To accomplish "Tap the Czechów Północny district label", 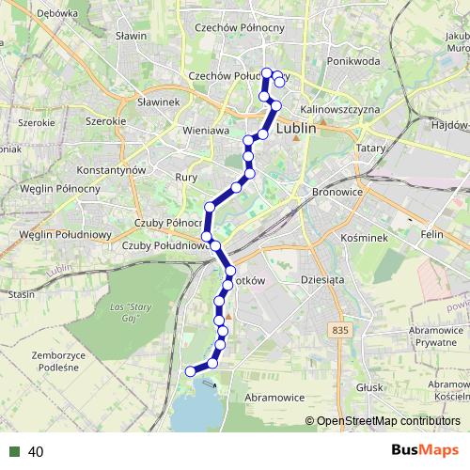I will coord(238,28).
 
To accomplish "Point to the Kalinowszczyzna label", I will coord(341,109).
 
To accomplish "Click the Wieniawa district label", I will coord(207,131).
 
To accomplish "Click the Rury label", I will coord(185,177).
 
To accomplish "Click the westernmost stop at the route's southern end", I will coord(191,371).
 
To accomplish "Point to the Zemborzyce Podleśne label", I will coord(58,362).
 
